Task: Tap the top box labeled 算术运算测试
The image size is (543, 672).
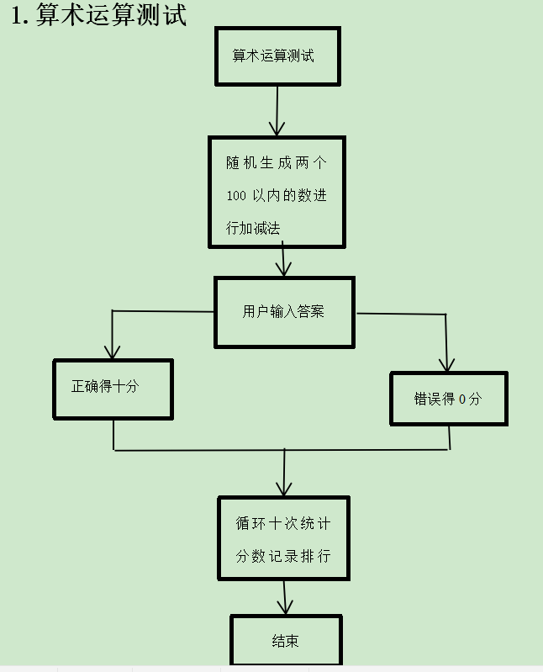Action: tap(277, 56)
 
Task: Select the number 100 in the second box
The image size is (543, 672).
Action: tap(236, 195)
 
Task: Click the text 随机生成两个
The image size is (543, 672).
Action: tap(276, 163)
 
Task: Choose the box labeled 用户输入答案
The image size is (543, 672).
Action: tap(284, 312)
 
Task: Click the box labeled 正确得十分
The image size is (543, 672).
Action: tap(113, 389)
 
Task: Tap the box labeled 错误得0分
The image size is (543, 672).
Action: tap(449, 399)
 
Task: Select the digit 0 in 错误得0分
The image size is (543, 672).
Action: tap(461, 399)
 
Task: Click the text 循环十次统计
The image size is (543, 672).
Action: tap(283, 523)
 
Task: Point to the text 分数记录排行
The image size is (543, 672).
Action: tap(283, 556)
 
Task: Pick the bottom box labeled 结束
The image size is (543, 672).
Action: tap(286, 641)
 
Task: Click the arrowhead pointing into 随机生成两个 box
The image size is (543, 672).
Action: tap(277, 129)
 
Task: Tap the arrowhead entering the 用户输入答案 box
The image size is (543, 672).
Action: tap(284, 270)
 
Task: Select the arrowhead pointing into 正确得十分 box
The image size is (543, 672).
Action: tap(111, 352)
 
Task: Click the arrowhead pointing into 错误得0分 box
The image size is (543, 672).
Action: tap(447, 365)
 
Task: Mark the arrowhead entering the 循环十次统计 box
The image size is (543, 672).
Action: tap(284, 489)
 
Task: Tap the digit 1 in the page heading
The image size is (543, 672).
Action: tap(19, 15)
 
